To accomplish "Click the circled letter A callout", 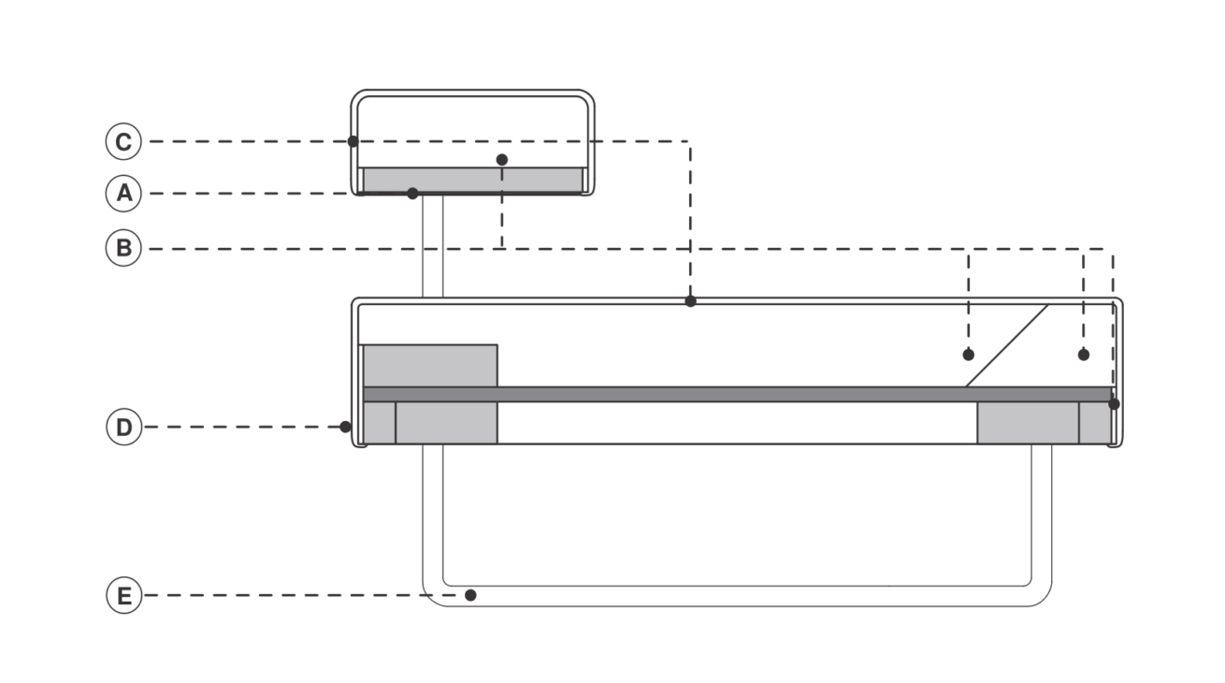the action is [123, 193].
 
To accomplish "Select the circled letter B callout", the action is [123, 248].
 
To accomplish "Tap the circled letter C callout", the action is [123, 141].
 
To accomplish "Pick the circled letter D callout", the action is [124, 427].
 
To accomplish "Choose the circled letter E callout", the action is [124, 595].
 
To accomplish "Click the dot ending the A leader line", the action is [413, 193].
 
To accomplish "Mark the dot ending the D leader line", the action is [345, 427].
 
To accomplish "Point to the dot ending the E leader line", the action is [470, 595].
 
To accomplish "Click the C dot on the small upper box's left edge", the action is [353, 141].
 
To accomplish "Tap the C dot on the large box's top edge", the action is [691, 301].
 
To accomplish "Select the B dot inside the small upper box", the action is [502, 159].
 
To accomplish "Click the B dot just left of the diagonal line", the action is [969, 355].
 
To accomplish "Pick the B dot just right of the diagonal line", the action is [1084, 355].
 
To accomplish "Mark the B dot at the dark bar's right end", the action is [1114, 404].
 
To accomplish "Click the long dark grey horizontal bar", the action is [737, 394].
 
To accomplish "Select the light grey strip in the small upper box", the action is [473, 180].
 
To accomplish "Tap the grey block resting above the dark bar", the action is [430, 366].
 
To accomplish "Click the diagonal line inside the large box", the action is [1007, 346].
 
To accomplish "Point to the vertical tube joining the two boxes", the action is [433, 246].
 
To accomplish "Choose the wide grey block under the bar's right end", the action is [1028, 423].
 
